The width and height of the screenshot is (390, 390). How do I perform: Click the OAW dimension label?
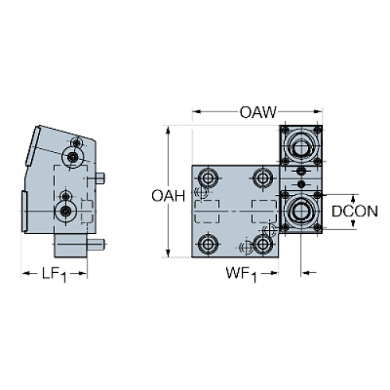(257, 112)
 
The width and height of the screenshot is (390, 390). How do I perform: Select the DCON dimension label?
(353, 212)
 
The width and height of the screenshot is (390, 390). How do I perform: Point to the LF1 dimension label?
(53, 275)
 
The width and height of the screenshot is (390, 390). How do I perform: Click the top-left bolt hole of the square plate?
(209, 176)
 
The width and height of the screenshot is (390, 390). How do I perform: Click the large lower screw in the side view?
(64, 210)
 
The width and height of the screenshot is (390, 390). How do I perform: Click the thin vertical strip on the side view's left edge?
(23, 212)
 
